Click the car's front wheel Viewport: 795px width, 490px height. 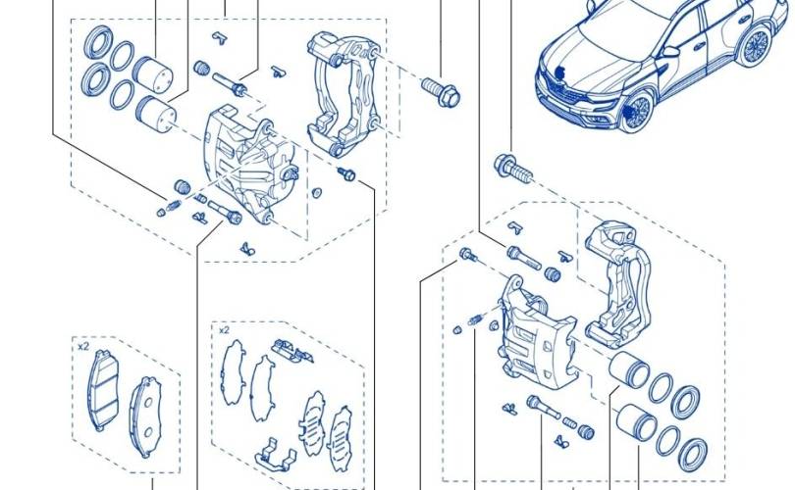[x=635, y=112]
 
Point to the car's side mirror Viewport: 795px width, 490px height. [x=670, y=51]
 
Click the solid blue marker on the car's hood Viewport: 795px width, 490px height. [x=560, y=73]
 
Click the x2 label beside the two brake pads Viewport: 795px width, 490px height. [x=83, y=347]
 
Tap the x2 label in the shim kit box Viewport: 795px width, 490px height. [x=224, y=330]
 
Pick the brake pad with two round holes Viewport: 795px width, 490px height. [x=145, y=416]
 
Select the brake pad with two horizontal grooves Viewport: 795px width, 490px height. [x=104, y=389]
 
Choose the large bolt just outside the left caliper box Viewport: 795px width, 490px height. [x=440, y=90]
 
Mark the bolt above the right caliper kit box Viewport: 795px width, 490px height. [x=513, y=168]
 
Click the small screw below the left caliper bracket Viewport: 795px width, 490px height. [x=346, y=174]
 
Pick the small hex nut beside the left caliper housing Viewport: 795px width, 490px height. [x=316, y=193]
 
